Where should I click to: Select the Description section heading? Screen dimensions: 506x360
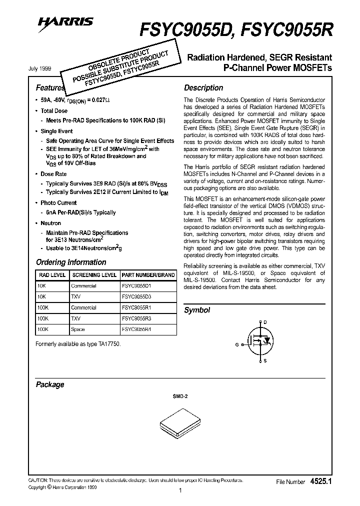[203, 88]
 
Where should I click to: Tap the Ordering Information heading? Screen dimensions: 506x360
[71, 262]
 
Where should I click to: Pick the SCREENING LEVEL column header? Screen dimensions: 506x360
[94, 275]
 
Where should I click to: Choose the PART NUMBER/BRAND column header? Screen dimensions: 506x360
[148, 275]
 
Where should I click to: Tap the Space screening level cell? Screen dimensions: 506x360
[78, 329]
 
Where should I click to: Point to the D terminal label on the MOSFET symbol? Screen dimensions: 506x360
[265, 322]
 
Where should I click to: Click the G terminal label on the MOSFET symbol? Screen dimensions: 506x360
[237, 344]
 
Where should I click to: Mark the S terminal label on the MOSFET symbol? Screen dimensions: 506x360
[265, 360]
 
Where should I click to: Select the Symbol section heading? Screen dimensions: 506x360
[197, 310]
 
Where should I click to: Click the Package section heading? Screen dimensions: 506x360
[50, 384]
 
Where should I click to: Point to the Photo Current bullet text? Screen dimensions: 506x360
[58, 203]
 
